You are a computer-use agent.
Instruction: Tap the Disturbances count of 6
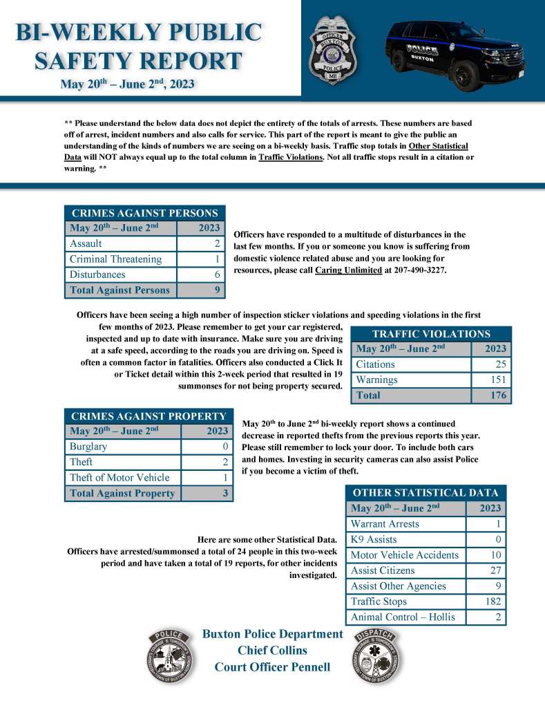tap(217, 274)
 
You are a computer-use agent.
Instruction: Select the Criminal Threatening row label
tap(115, 259)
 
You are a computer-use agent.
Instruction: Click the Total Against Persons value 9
tap(217, 290)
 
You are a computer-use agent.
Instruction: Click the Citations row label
tap(376, 364)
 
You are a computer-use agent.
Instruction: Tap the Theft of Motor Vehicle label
tap(120, 478)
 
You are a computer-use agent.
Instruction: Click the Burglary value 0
tap(226, 447)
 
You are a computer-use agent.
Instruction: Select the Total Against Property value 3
tap(226, 494)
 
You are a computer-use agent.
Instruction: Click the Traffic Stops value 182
tap(493, 602)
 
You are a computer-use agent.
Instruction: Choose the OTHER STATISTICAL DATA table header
tap(426, 493)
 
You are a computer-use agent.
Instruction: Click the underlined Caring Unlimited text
tap(348, 270)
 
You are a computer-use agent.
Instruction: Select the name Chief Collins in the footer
tap(272, 651)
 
